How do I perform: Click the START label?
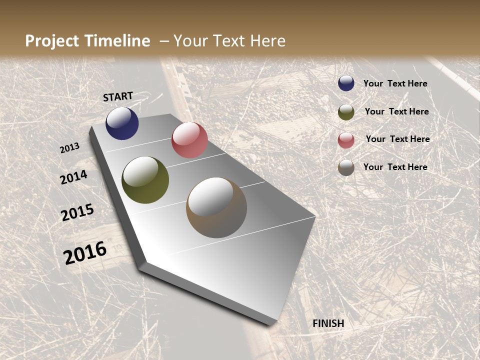point(118,96)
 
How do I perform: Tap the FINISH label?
point(328,323)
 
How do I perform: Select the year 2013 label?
point(69,148)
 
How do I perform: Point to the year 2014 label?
point(73,177)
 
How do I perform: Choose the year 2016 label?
point(85,252)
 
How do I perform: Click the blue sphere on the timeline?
point(122,123)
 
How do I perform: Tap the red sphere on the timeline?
point(189,140)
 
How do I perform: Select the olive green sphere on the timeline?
point(145,180)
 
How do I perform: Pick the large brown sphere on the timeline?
point(216,207)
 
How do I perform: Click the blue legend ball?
point(346,83)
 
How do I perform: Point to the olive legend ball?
point(346,112)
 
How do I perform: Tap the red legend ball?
point(346,140)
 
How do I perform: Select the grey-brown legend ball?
point(346,167)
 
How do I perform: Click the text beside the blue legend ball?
point(395,83)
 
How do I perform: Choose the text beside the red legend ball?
point(397,139)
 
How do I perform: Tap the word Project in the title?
point(52,41)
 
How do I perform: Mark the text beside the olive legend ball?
point(396,111)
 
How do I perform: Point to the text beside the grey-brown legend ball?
point(395,167)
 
